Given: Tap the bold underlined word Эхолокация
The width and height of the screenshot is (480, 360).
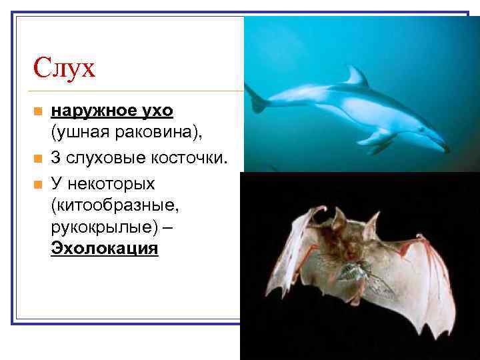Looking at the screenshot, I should (105, 249).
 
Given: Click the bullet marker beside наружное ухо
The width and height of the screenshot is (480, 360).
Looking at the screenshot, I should (37, 111).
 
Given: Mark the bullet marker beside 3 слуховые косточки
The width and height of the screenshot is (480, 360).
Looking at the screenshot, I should (37, 158).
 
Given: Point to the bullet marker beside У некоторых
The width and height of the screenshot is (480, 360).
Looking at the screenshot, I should (37, 181).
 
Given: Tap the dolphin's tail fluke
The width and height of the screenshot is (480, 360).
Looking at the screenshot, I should (257, 100).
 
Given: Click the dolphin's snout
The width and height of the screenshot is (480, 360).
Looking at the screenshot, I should (442, 146).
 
